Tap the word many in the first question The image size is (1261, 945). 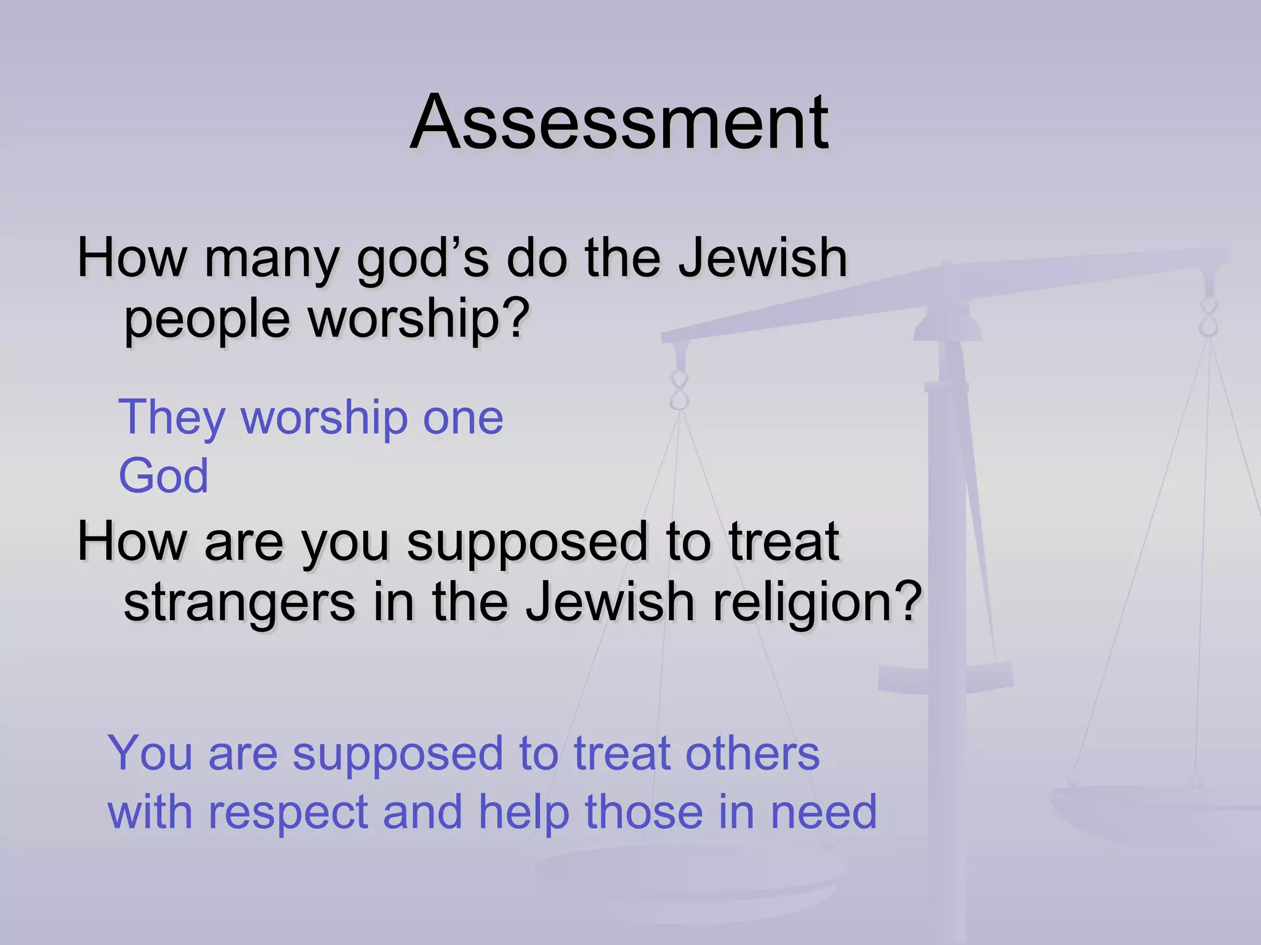(x=272, y=258)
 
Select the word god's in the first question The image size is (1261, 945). (x=423, y=258)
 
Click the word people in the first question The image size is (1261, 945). (x=206, y=320)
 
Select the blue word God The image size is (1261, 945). (x=163, y=476)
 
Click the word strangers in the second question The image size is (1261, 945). (x=240, y=603)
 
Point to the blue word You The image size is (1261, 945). (x=150, y=753)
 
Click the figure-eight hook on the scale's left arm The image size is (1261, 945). (x=679, y=390)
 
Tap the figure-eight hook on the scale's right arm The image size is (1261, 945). (x=1209, y=316)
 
